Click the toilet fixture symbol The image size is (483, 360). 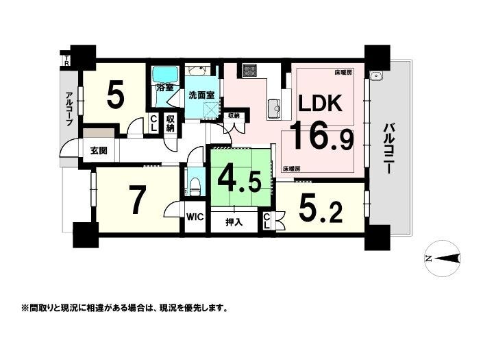pos(195,187)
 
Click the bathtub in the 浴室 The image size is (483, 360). pos(164,75)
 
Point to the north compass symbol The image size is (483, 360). pos(443,259)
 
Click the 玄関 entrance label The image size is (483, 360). pos(99,151)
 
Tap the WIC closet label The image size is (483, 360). pos(195,217)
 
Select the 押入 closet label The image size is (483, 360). pos(234,221)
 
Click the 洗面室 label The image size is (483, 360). pos(201,95)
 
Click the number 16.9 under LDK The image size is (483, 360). pos(321,136)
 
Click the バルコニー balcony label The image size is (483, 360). pos(388,149)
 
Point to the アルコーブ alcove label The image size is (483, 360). pos(69,108)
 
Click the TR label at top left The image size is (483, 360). pos(66,60)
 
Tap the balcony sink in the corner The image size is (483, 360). pos(376,76)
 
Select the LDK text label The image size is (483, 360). pos(320,104)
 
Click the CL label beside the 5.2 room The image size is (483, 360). pos(267,221)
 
